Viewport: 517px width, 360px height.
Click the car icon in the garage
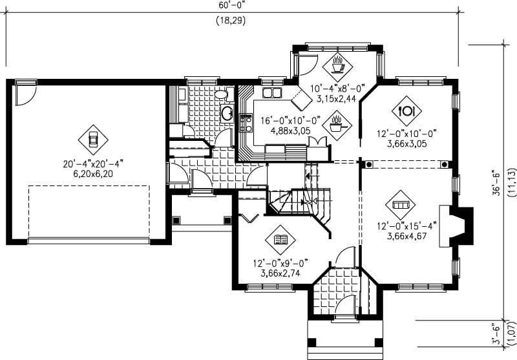(x=92, y=138)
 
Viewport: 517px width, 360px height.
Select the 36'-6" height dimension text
(x=496, y=183)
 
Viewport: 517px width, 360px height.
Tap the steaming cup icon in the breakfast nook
(x=337, y=64)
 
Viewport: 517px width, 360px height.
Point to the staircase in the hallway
(x=299, y=201)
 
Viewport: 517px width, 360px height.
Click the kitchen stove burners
(x=246, y=123)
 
